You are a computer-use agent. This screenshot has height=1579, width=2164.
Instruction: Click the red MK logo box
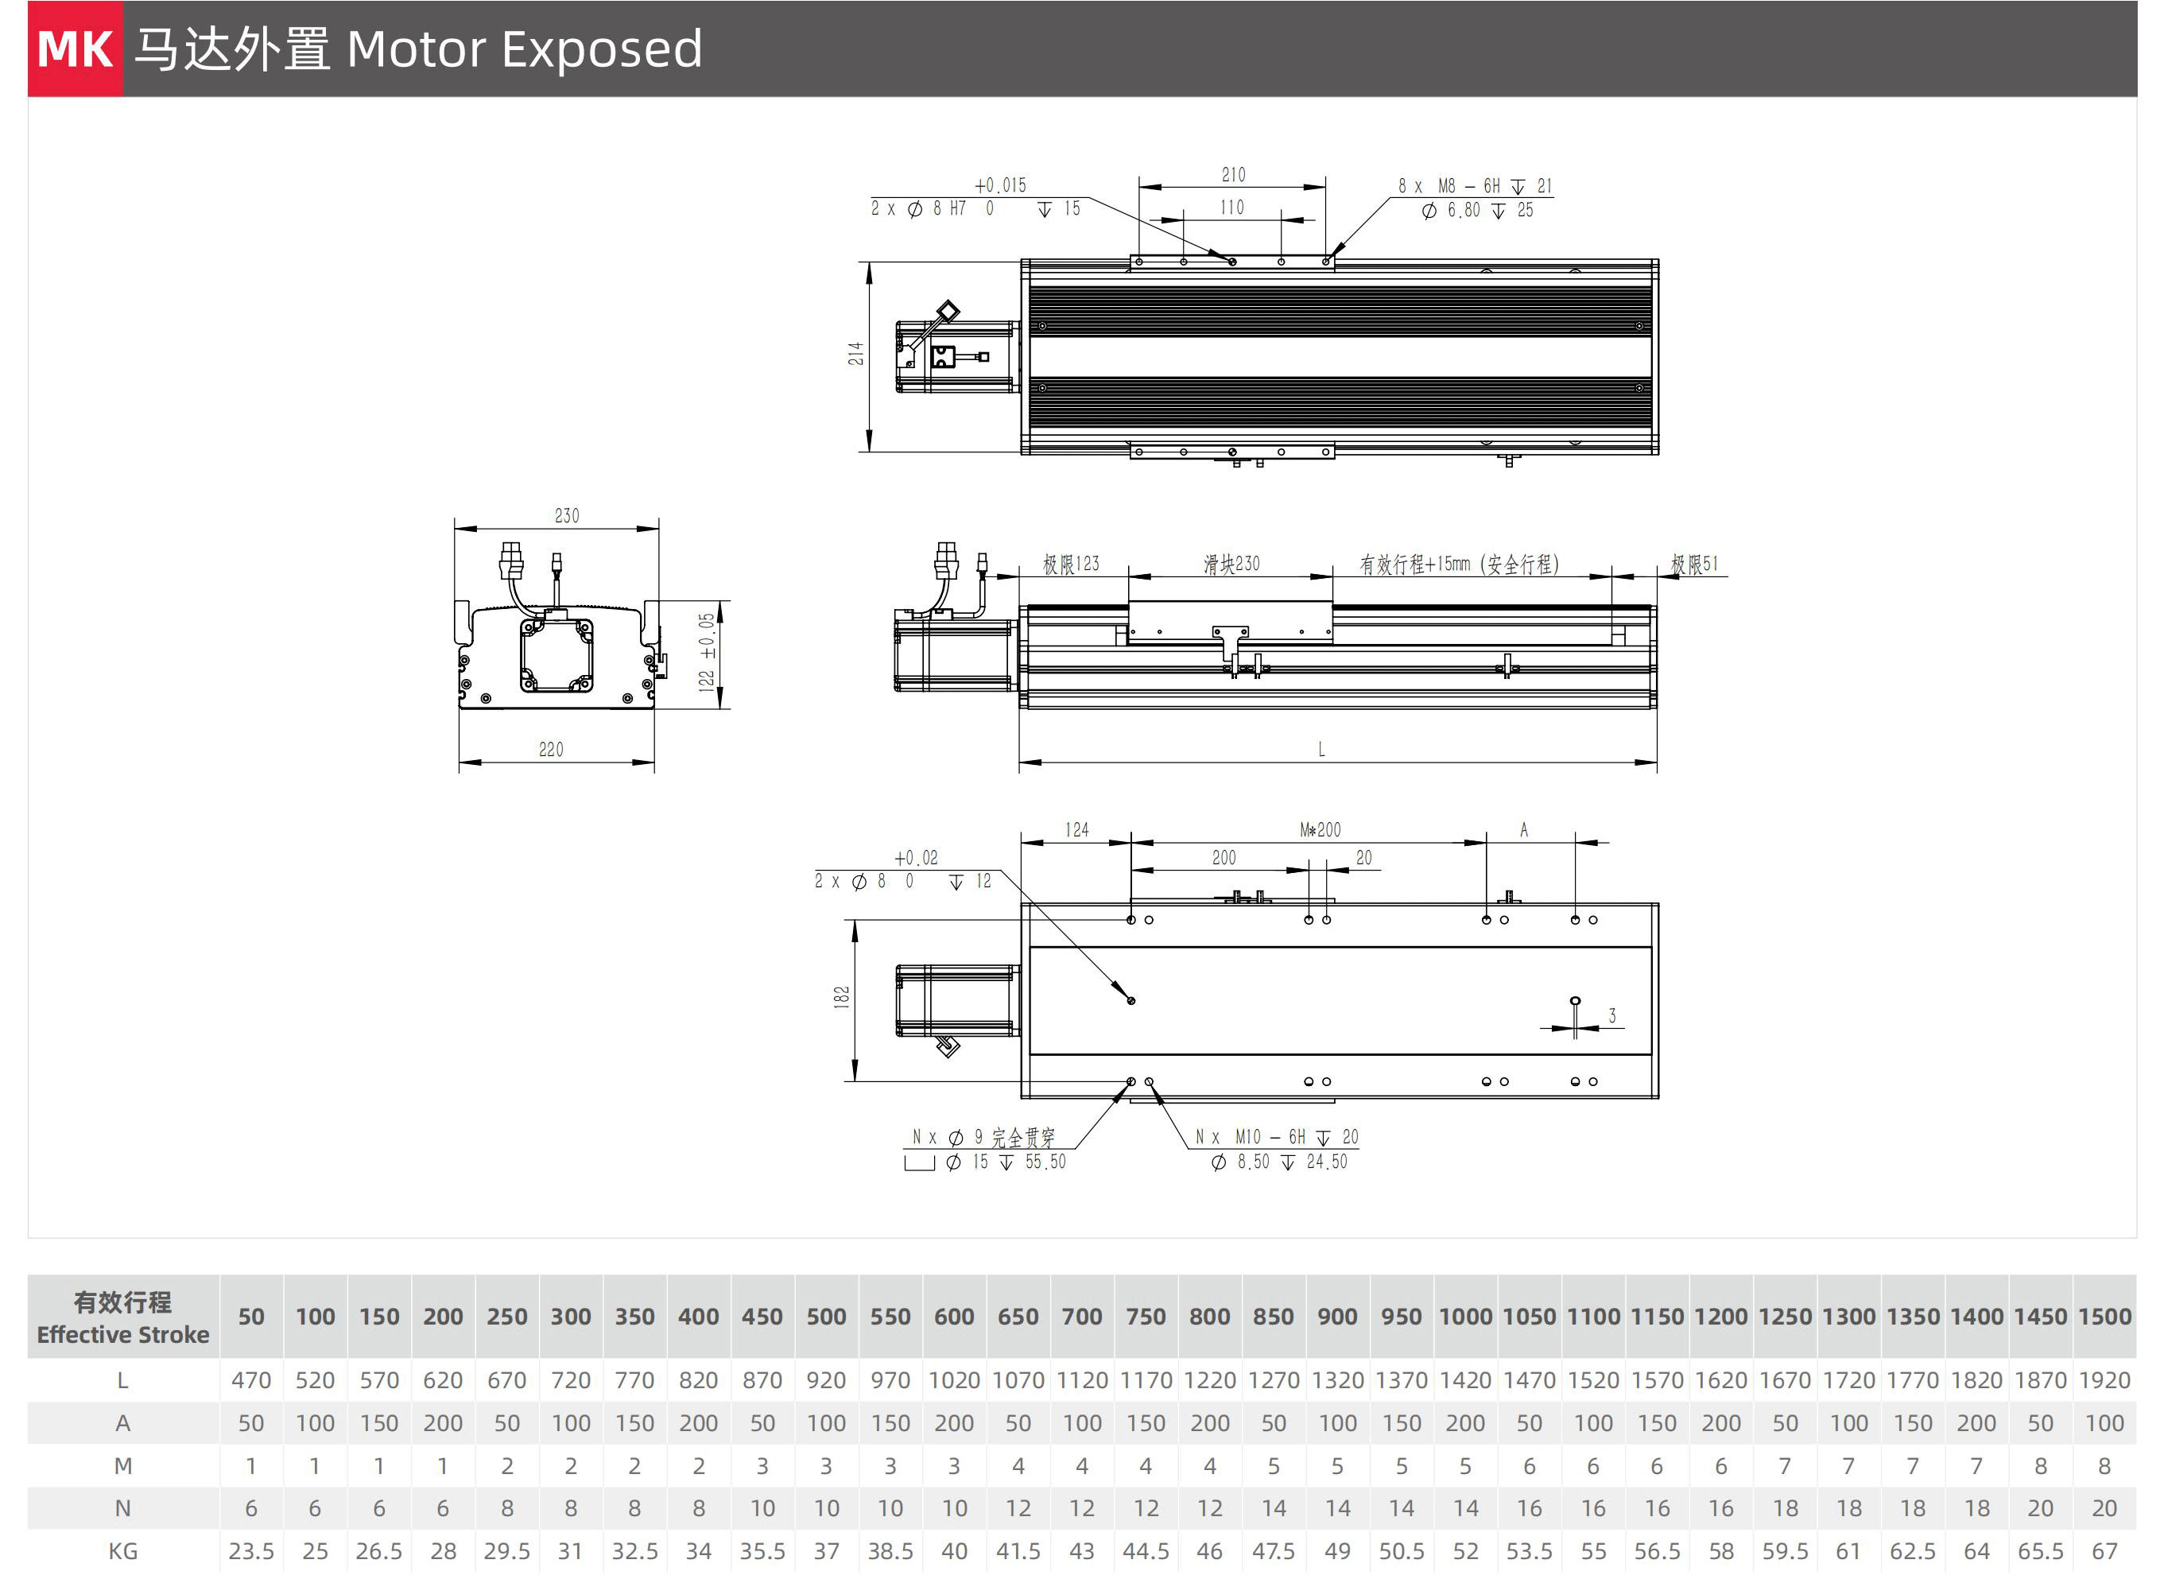coord(76,48)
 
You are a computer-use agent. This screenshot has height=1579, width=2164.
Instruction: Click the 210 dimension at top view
coord(1233,175)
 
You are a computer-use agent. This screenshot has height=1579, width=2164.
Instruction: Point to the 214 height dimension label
coord(855,354)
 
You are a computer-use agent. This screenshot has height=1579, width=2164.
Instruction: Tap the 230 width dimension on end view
coord(567,516)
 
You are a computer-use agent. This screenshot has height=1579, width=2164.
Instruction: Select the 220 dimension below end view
coord(552,751)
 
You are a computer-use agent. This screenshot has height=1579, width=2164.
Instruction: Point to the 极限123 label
coord(1071,564)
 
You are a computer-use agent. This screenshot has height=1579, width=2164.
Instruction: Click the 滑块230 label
coord(1231,564)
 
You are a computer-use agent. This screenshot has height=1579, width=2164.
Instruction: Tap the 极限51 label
coord(1693,564)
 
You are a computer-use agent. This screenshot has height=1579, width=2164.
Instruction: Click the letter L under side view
coord(1321,751)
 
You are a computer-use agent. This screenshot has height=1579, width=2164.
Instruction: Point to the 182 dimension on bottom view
coord(841,997)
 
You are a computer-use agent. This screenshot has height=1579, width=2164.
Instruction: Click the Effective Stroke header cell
coord(123,1318)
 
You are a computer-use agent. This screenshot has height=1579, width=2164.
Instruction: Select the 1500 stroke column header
coord(2104,1317)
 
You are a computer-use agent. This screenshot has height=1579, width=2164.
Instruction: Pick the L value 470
coord(251,1381)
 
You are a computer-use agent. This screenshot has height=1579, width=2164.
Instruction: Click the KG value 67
coord(2104,1551)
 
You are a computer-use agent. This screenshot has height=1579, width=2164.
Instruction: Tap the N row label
coord(123,1509)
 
